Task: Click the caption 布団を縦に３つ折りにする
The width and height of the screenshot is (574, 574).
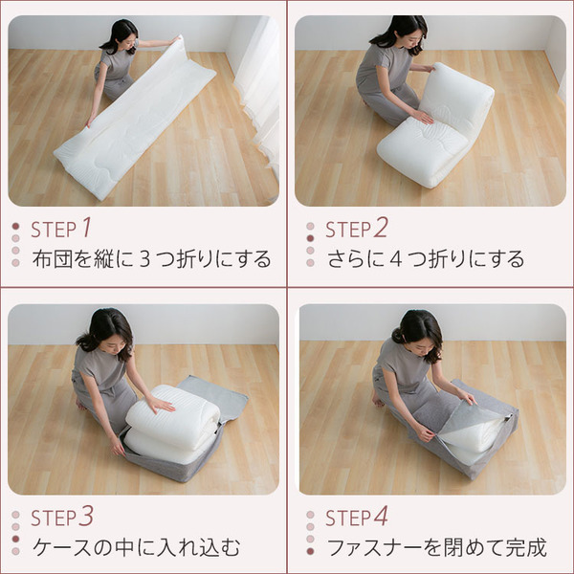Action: (151, 259)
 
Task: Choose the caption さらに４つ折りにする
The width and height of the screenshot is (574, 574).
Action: (425, 259)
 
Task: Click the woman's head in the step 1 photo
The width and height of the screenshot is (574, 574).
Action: (123, 35)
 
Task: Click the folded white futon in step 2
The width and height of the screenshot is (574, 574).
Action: (435, 129)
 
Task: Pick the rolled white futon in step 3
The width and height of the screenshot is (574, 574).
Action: (172, 421)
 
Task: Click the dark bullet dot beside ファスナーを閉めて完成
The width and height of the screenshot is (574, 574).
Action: (310, 551)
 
